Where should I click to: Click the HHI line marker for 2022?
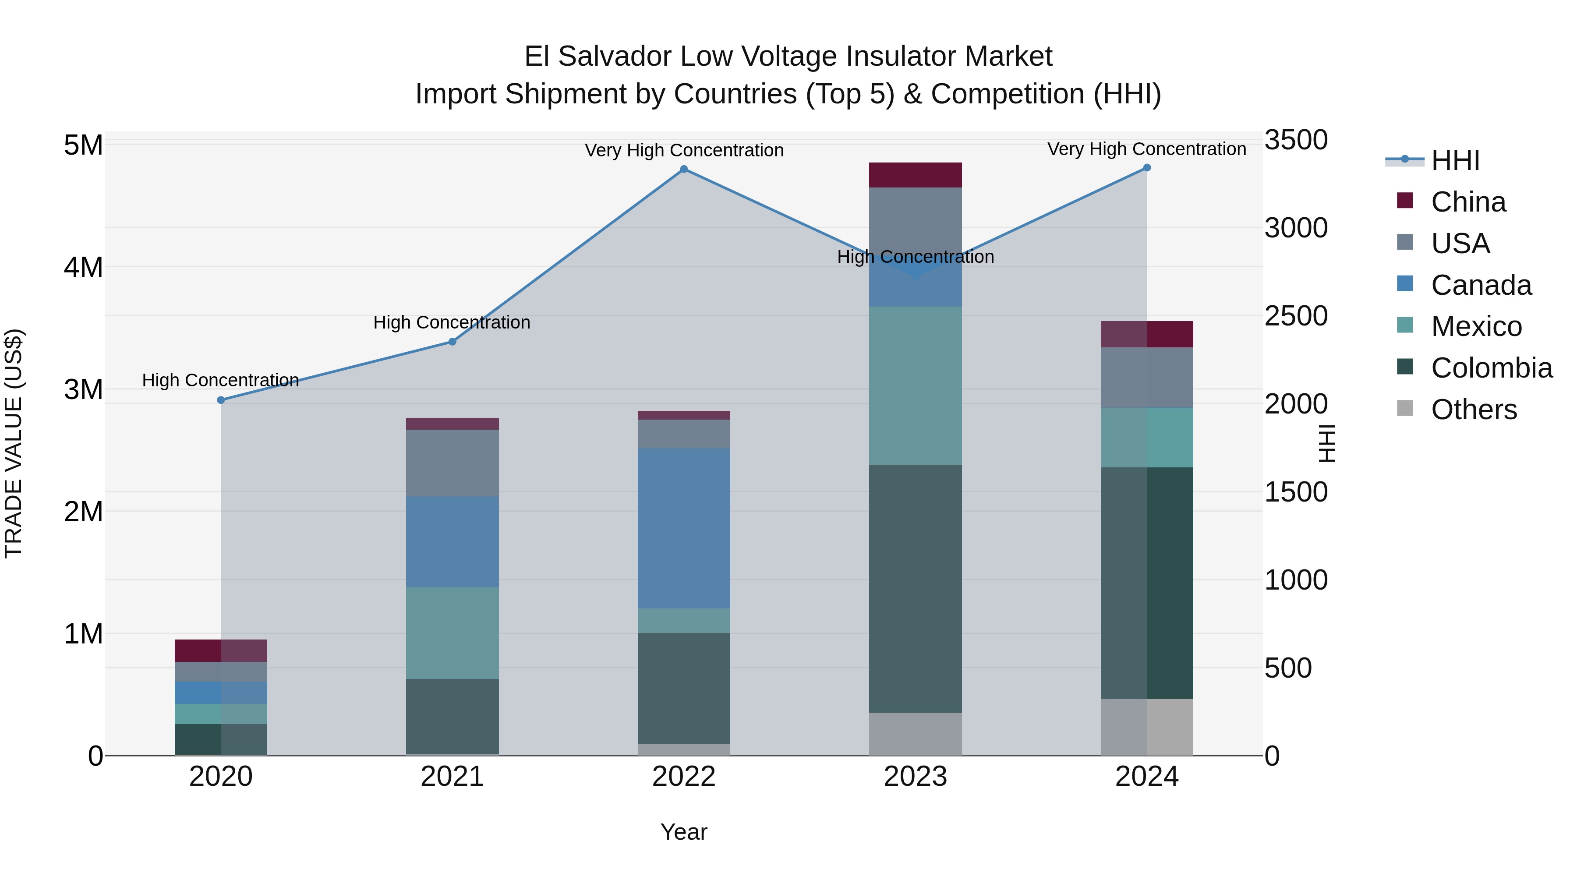[x=684, y=170]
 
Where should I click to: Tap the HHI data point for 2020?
[x=221, y=400]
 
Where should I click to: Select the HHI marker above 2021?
[x=453, y=342]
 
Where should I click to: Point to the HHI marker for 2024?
[x=1147, y=168]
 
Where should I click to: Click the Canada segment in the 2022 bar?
[x=684, y=528]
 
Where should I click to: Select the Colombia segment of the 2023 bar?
[x=915, y=588]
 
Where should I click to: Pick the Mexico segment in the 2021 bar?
[x=453, y=633]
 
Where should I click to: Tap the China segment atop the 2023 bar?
[x=915, y=175]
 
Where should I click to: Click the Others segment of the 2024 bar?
[x=1147, y=727]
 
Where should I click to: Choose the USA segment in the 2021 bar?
[x=453, y=463]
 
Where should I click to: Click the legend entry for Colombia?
[x=1491, y=368]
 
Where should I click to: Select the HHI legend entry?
[x=1454, y=160]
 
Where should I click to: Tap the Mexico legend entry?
[x=1476, y=326]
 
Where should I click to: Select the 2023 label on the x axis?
[x=915, y=777]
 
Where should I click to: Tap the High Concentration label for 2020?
[x=220, y=380]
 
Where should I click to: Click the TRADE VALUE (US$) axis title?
[x=14, y=443]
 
